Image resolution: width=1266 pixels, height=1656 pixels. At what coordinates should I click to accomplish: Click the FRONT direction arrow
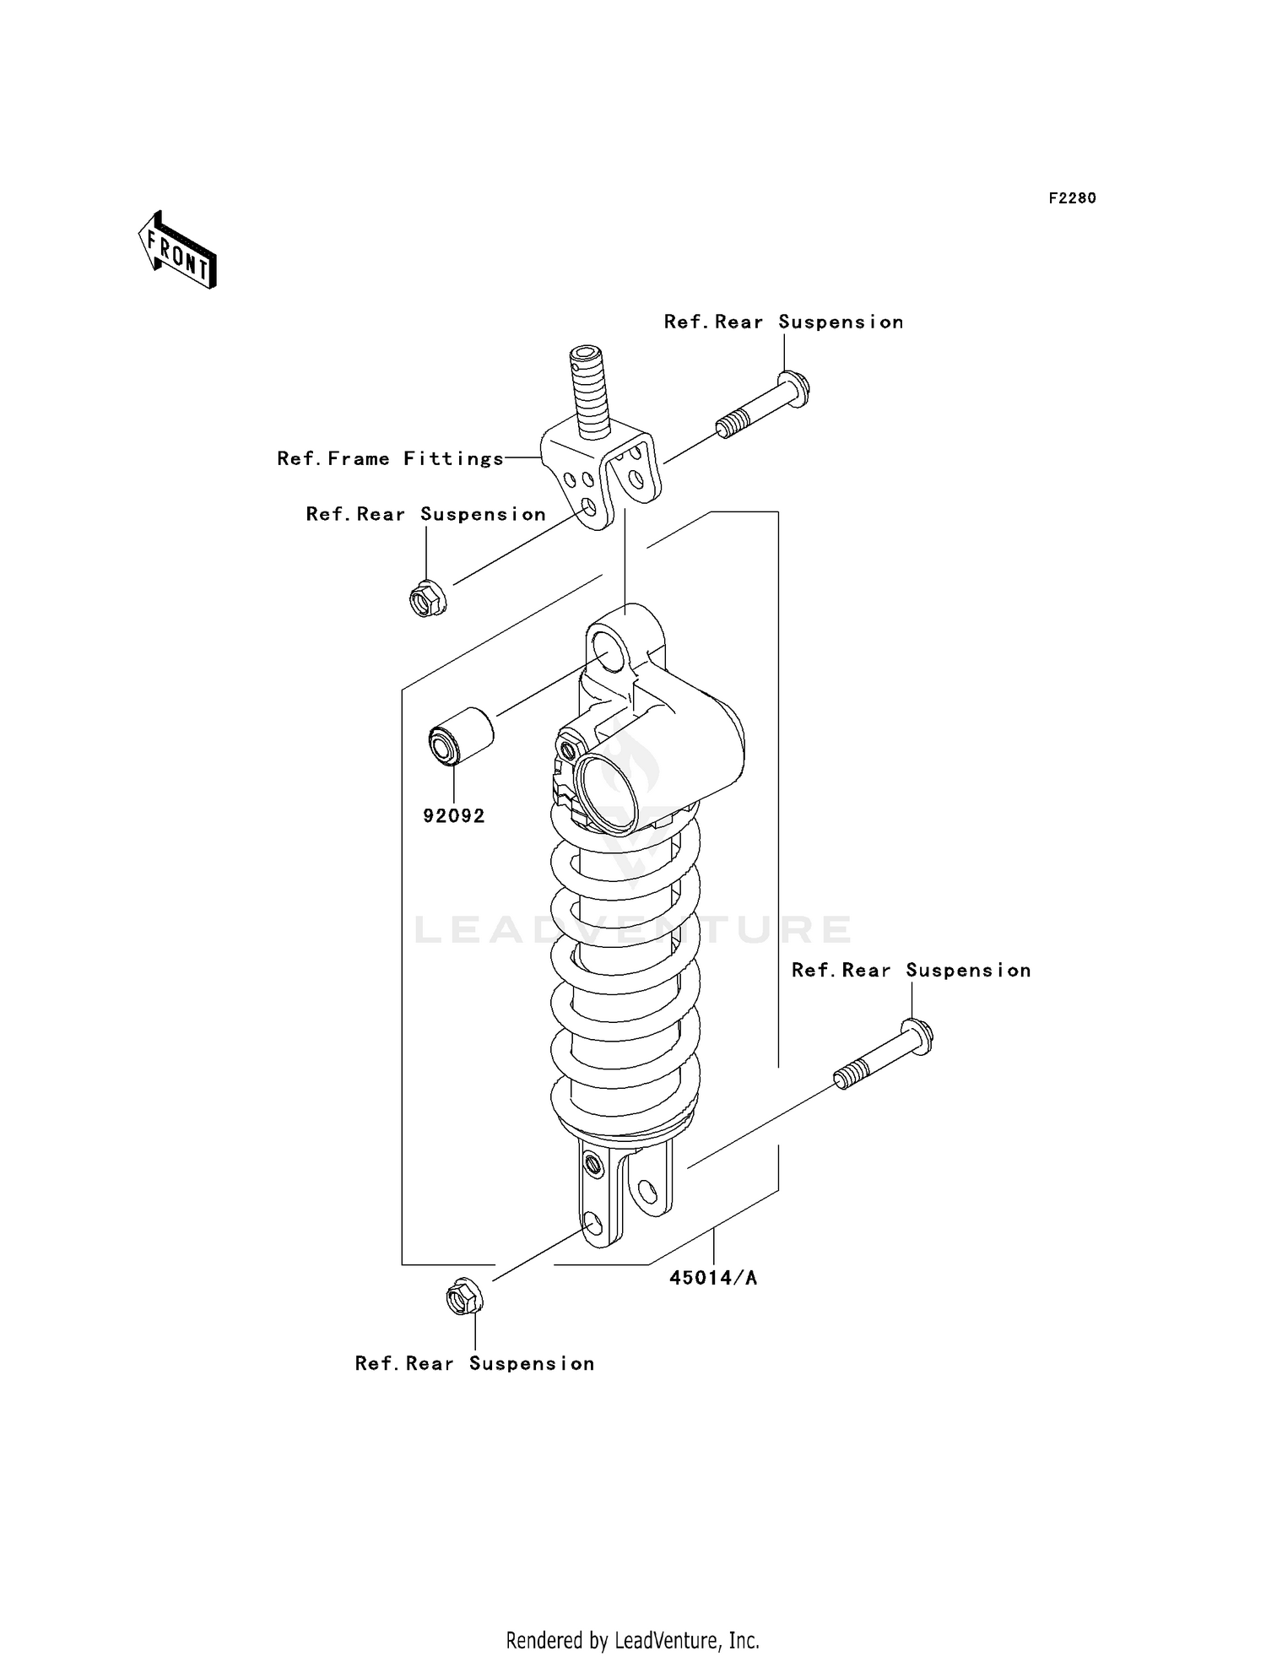pos(178,251)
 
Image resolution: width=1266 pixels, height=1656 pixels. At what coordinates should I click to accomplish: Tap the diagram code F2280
pos(1072,198)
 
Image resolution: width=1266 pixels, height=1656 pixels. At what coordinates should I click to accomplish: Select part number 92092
pos(454,816)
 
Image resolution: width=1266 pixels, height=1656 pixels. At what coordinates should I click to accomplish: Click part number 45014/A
pos(713,1278)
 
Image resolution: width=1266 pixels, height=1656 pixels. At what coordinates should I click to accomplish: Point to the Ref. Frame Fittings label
pos(391,459)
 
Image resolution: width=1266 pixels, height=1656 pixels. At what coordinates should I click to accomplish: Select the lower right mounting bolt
pos(884,1054)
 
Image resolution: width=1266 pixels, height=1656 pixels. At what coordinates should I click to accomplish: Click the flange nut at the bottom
pos(463,1298)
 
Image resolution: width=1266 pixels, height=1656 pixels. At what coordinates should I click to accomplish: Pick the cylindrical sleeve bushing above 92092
pos(461,734)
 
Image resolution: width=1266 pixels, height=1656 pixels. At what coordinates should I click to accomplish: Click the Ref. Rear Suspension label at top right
pos(783,322)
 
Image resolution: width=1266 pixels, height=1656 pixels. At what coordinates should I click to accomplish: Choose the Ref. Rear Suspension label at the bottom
pos(474,1364)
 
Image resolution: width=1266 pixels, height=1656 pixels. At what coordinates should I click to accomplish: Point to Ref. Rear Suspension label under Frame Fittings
pos(425,515)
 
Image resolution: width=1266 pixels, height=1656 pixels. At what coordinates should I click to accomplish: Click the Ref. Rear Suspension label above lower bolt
pos(911,971)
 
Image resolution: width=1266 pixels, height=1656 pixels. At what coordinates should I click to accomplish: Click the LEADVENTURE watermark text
pos(633,930)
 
